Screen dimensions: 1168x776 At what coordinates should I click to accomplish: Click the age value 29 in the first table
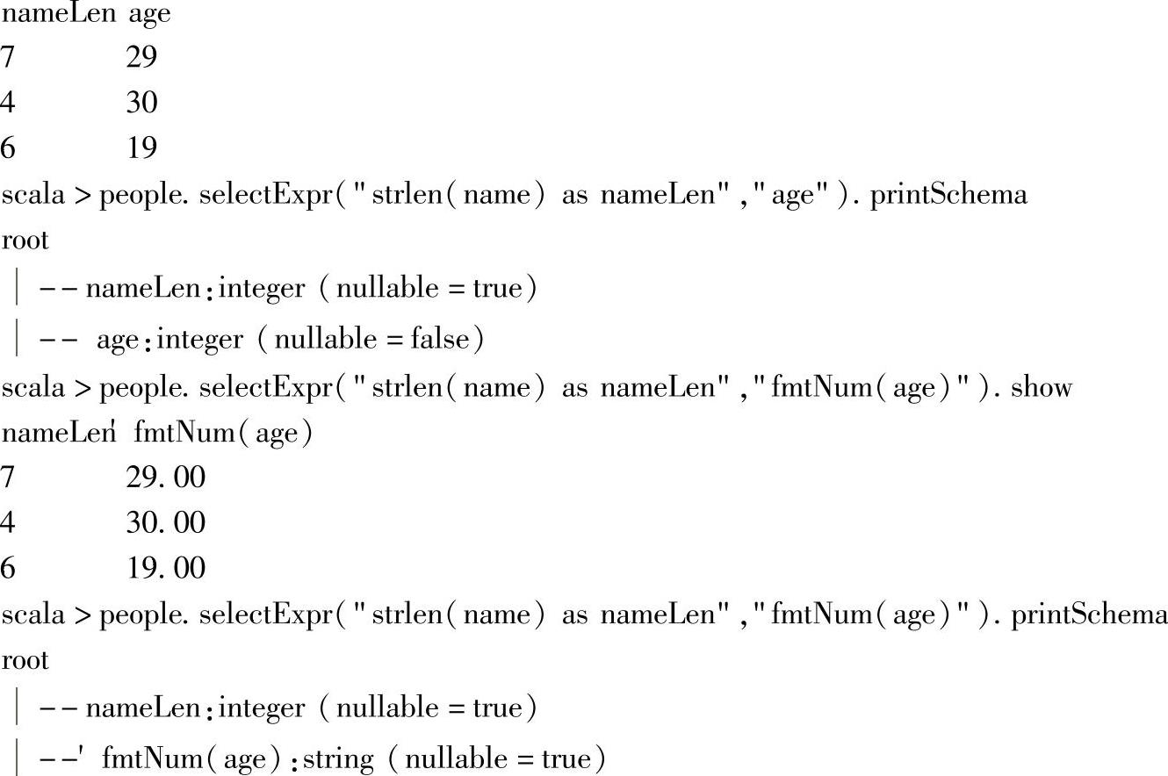(141, 57)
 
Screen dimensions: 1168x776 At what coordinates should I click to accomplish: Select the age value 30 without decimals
(141, 103)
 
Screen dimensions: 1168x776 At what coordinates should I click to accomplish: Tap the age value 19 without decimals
(141, 147)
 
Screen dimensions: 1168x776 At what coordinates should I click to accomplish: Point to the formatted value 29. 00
(166, 478)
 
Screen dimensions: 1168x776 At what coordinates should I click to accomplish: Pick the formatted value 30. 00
(166, 523)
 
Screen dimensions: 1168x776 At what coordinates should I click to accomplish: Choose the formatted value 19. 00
(166, 568)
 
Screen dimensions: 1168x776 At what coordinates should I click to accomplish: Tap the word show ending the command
(1042, 387)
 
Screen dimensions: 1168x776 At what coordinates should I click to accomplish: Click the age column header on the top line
(149, 15)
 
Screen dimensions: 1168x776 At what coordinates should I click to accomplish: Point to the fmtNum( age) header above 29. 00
(223, 433)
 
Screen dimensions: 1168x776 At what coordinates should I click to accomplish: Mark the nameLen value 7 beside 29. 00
(8, 478)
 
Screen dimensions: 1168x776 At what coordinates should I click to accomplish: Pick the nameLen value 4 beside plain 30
(8, 103)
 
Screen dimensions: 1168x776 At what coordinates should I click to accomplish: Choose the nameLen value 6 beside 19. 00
(8, 568)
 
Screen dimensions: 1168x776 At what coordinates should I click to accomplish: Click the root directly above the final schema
(25, 660)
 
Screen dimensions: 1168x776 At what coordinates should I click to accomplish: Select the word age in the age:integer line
(118, 339)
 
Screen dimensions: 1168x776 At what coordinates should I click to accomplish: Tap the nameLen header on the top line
(58, 15)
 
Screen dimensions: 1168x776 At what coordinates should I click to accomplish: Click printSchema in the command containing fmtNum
(1089, 614)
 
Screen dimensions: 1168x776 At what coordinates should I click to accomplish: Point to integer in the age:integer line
(199, 339)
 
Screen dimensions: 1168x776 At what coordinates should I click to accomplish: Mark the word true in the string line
(567, 758)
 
